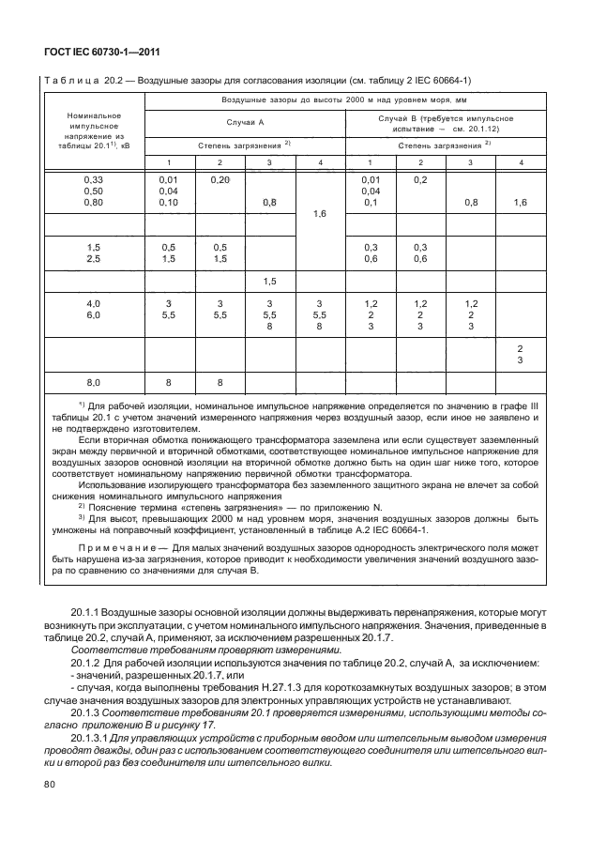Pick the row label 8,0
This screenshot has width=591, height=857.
pyautogui.click(x=92, y=382)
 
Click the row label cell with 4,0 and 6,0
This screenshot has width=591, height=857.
pyautogui.click(x=92, y=310)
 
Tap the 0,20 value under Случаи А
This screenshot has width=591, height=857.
pyautogui.click(x=220, y=178)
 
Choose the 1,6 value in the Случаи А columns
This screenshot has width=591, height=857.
pyautogui.click(x=320, y=214)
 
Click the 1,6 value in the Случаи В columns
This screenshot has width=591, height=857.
pyautogui.click(x=521, y=203)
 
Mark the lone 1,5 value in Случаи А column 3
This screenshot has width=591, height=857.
pyautogui.click(x=269, y=281)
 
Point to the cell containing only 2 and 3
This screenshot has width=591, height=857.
pyautogui.click(x=521, y=354)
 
